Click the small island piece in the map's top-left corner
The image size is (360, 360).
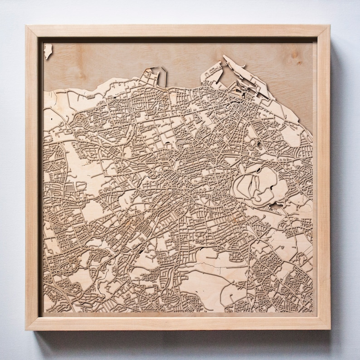pos(48,50)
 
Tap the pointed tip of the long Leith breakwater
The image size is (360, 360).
pos(224,57)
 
